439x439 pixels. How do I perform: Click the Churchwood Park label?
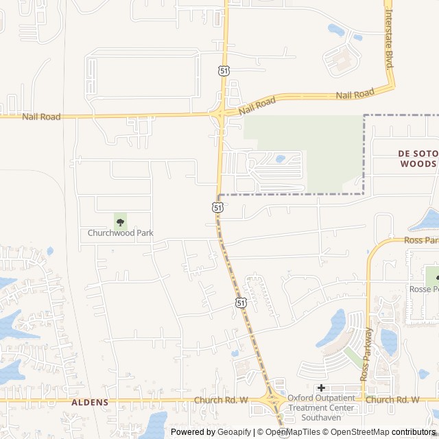(120, 233)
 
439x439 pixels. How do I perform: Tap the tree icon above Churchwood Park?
(120, 222)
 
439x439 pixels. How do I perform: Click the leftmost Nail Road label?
(41, 117)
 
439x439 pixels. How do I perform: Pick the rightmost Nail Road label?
(355, 93)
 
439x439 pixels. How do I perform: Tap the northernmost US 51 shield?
(224, 70)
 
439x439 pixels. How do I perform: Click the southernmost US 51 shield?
(240, 302)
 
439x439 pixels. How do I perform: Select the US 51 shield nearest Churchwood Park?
(217, 206)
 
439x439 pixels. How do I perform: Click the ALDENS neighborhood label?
(89, 403)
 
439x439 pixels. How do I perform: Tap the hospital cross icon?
(320, 388)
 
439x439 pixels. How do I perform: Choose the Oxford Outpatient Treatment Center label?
(321, 407)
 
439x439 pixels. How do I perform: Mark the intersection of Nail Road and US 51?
(220, 113)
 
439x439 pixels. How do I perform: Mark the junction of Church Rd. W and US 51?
(272, 399)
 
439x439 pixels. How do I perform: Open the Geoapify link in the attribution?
(235, 432)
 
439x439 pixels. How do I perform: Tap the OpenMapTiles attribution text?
(294, 432)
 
